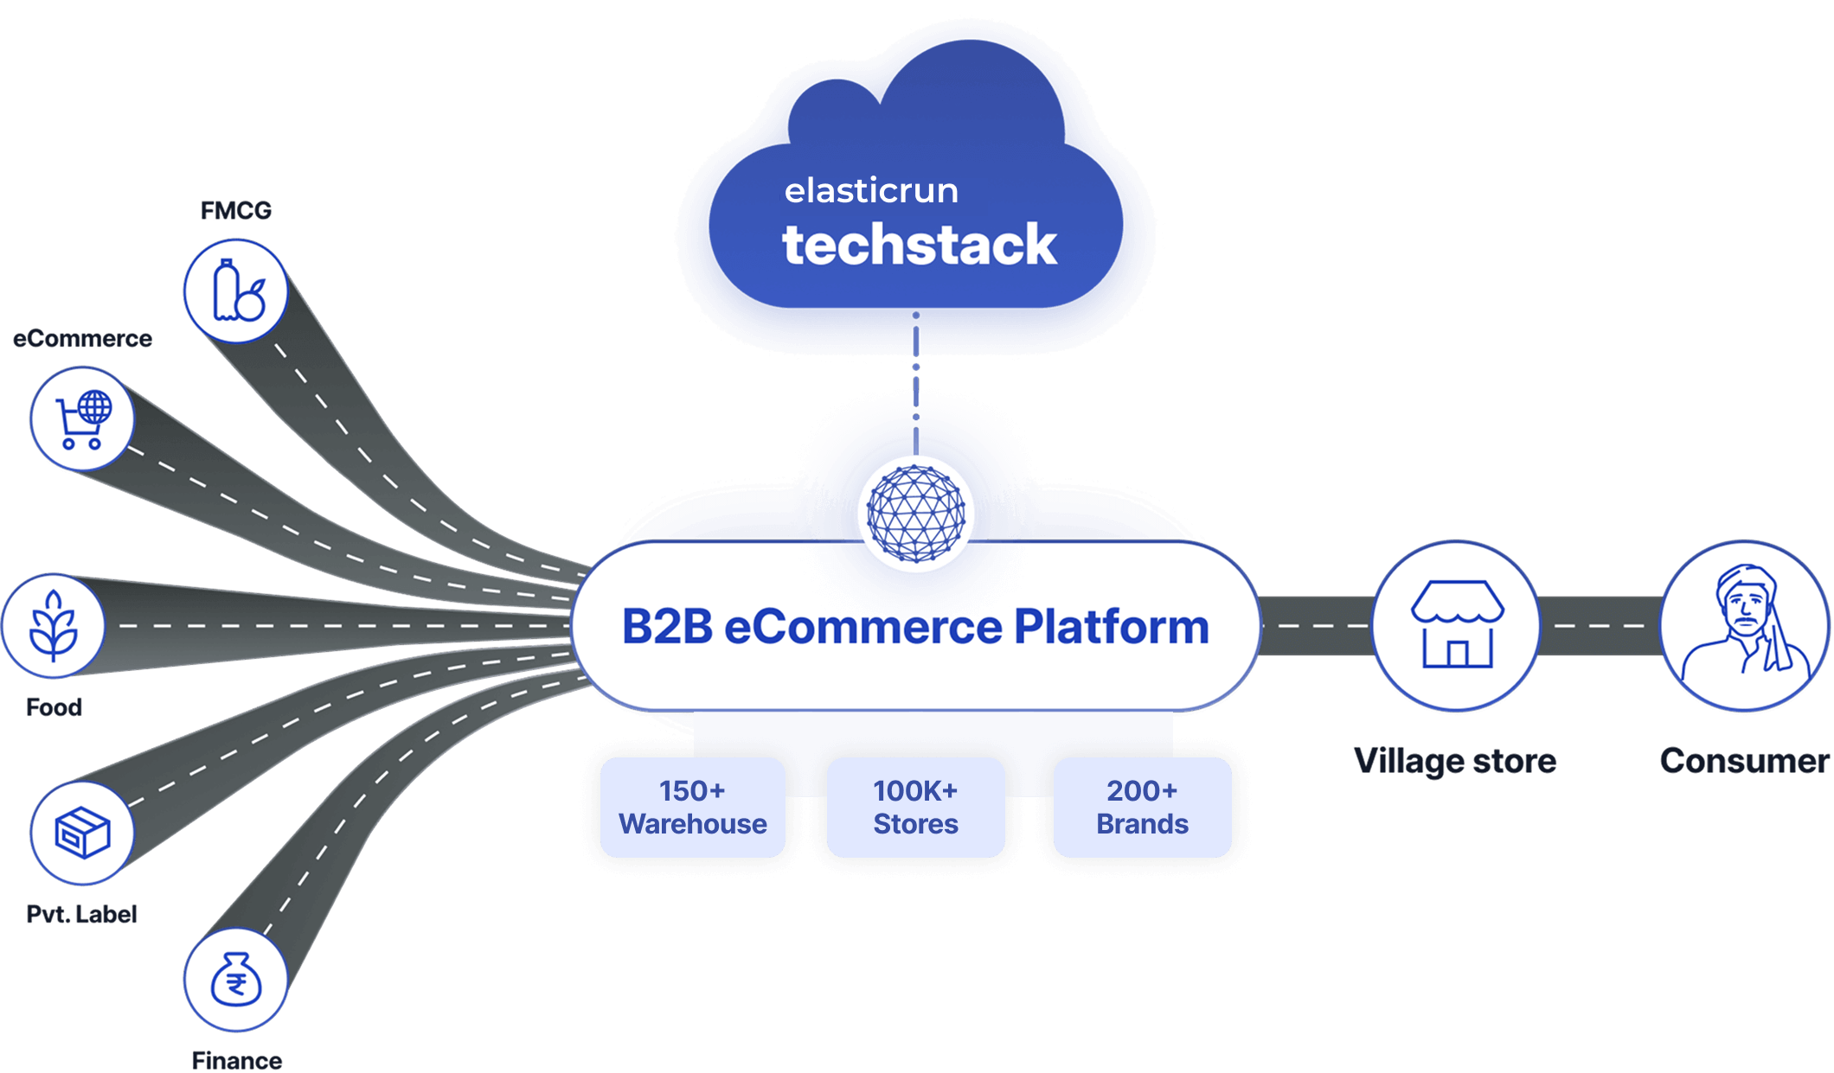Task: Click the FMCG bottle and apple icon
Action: coord(236,291)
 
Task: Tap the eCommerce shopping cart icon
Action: coord(83,419)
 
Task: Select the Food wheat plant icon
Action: coord(54,626)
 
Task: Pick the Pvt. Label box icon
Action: coord(82,833)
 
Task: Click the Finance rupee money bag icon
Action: coord(235,980)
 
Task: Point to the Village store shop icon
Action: coord(1457,625)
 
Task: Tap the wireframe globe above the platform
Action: coord(916,514)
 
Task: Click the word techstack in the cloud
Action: coord(920,245)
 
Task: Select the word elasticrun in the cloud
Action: coord(871,190)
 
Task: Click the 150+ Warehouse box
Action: coord(693,808)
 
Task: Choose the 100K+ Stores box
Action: coord(916,808)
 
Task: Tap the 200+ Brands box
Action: coord(1142,808)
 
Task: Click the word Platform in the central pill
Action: coord(1111,627)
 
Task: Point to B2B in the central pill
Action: coord(667,627)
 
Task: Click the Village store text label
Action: coord(1455,761)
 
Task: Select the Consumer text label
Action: coord(1744,761)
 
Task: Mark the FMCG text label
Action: coord(235,210)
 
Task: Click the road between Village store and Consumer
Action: coord(1600,625)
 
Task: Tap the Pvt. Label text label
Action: coord(81,914)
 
